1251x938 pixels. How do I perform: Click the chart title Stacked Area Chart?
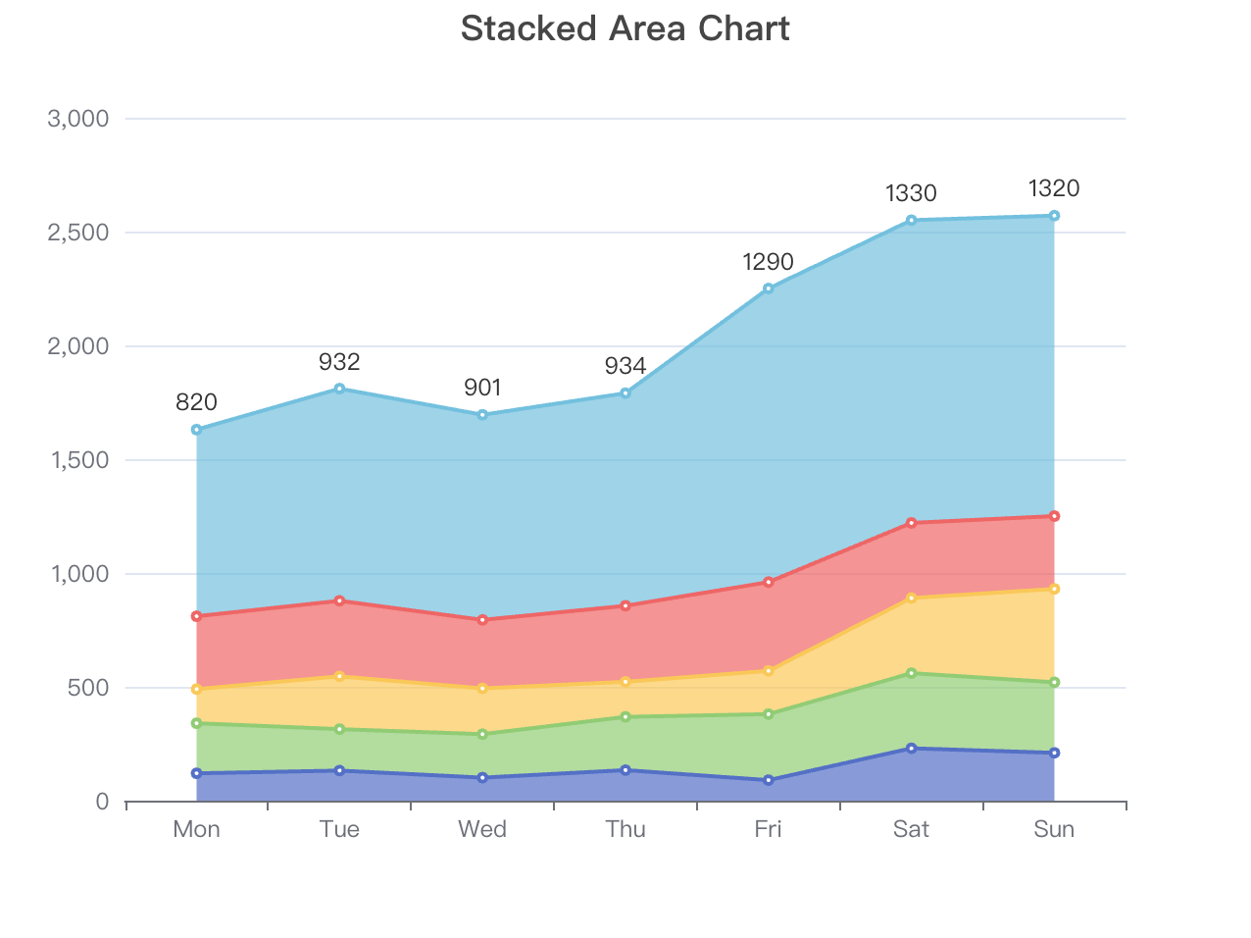(625, 28)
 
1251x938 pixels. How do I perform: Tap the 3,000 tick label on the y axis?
(77, 119)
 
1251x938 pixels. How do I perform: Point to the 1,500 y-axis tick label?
(78, 460)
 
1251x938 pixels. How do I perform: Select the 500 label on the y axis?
(88, 688)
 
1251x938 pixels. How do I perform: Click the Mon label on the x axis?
(196, 829)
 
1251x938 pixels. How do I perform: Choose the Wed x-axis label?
(482, 829)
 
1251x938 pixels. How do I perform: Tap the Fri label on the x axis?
(768, 829)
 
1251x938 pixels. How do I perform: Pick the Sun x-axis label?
(1054, 829)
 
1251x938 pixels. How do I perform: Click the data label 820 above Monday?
(196, 402)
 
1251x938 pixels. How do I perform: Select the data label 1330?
(911, 193)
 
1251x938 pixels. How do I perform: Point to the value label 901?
(482, 388)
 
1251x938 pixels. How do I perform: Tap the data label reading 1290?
(768, 262)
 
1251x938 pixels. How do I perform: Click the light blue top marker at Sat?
(911, 220)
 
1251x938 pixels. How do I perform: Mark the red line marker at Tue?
(339, 600)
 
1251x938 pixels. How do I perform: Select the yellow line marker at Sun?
(1054, 589)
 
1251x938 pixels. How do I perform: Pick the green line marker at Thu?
(625, 717)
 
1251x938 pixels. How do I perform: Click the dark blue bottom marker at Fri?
(769, 780)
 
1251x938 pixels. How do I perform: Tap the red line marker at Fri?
(769, 582)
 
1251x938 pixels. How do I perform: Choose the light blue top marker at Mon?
(196, 430)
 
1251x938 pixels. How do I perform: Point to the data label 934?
(625, 367)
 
